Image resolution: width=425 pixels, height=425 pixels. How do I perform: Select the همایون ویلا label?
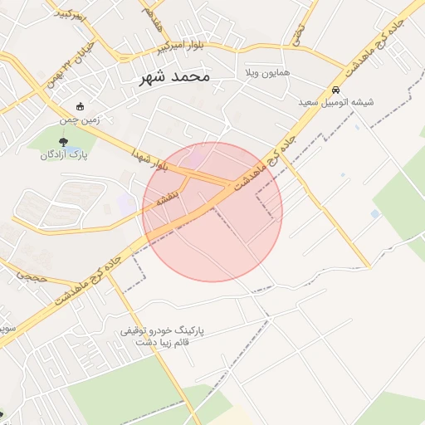click(x=265, y=74)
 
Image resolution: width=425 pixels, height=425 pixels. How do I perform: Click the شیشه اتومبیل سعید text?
click(x=336, y=103)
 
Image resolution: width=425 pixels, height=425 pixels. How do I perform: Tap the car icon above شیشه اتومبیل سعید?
click(x=335, y=90)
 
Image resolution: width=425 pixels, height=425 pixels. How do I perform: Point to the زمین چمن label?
click(x=79, y=120)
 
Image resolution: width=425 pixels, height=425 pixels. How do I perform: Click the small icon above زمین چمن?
click(x=80, y=106)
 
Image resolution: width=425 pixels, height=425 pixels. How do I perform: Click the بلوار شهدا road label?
click(x=149, y=159)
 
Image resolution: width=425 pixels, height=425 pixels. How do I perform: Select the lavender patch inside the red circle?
click(x=196, y=157)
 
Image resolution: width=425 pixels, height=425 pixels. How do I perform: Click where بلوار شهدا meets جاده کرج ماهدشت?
click(x=230, y=185)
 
